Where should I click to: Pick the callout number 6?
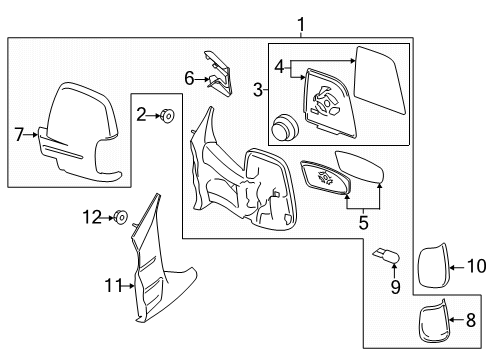[x=189, y=76]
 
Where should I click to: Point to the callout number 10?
[x=471, y=267]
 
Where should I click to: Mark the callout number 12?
[x=92, y=216]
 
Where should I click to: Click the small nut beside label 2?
[x=168, y=117]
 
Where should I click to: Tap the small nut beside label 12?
[x=120, y=216]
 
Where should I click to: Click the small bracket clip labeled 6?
[x=219, y=72]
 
